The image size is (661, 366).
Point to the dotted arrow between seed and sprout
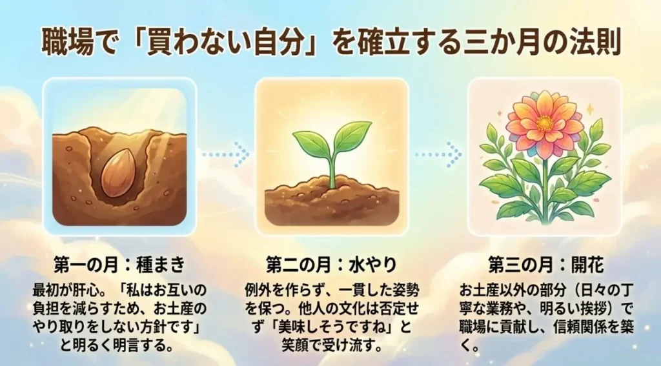[x=226, y=154]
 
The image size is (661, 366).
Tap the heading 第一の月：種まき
[x=120, y=265]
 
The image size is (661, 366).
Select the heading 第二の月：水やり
[x=331, y=265]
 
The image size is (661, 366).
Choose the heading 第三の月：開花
[x=544, y=265]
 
